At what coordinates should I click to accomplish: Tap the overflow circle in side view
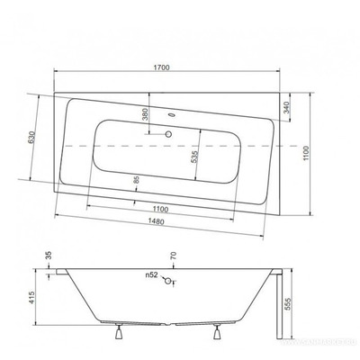click(167, 280)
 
